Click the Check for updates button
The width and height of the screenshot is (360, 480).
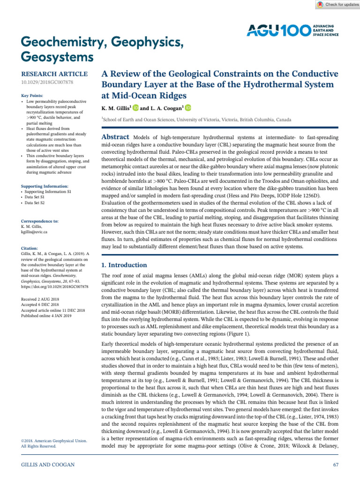(336, 4)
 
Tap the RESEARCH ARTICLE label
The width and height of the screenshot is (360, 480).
(54, 74)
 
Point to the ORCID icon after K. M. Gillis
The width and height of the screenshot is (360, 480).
(136, 108)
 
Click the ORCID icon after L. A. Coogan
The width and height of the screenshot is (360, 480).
(188, 108)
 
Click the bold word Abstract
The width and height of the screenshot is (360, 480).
(115, 136)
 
